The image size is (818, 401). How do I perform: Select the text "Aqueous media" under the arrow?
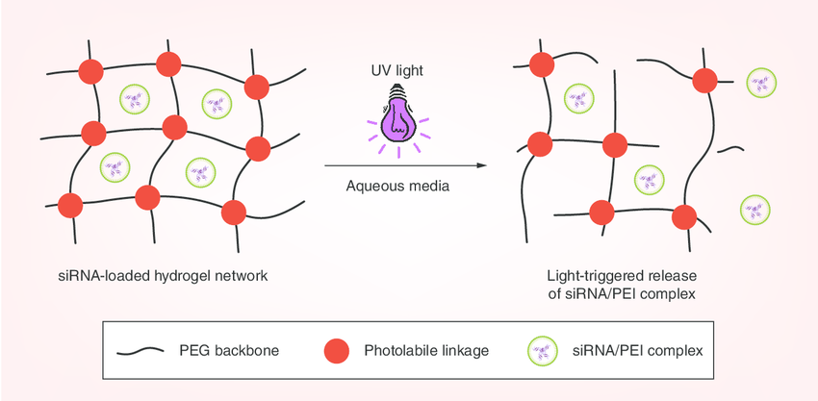pyautogui.click(x=397, y=186)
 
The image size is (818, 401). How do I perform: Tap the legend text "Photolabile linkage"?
pyautogui.click(x=426, y=351)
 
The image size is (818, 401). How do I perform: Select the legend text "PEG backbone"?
pyautogui.click(x=226, y=351)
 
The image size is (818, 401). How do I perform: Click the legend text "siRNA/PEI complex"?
pyautogui.click(x=637, y=351)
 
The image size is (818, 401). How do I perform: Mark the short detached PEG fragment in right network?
pyautogui.click(x=731, y=149)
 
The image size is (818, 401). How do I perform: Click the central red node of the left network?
pyautogui.click(x=174, y=127)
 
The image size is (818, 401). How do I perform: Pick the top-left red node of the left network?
pyautogui.click(x=89, y=70)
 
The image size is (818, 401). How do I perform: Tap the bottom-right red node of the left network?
pyautogui.click(x=233, y=213)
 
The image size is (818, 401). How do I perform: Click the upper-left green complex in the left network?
pyautogui.click(x=136, y=97)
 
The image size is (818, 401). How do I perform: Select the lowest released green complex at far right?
pyautogui.click(x=755, y=209)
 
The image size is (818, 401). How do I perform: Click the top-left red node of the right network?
pyautogui.click(x=540, y=64)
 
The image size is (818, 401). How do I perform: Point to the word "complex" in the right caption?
pyautogui.click(x=665, y=294)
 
